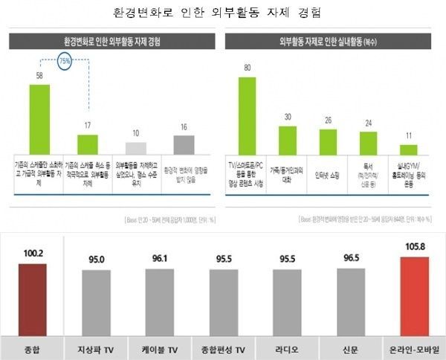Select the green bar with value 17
coord(88,144)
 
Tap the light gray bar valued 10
coord(136,148)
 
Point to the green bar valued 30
coord(288,140)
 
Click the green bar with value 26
coord(328,141)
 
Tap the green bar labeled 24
coord(368,143)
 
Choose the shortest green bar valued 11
coord(409,149)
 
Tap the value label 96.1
coord(159,260)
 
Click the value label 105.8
coord(413,246)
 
